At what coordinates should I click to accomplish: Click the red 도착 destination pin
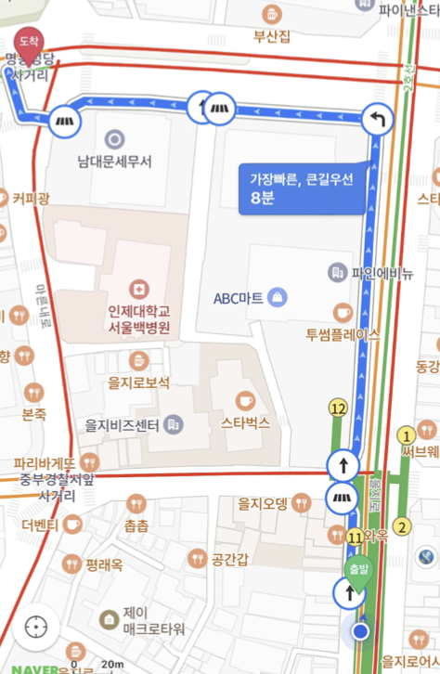[29, 43]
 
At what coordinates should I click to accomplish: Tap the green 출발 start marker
[357, 569]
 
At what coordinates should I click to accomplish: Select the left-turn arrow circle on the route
[378, 119]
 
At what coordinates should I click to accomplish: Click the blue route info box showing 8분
[301, 188]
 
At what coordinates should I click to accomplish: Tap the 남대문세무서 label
[114, 161]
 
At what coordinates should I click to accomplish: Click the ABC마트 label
[239, 298]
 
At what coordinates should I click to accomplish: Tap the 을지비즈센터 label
[122, 425]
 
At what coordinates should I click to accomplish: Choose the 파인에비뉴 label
[382, 273]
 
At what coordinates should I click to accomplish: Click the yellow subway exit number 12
[338, 408]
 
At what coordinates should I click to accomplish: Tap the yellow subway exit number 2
[401, 528]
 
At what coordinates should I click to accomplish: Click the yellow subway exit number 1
[405, 435]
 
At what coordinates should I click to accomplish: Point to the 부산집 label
[272, 37]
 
